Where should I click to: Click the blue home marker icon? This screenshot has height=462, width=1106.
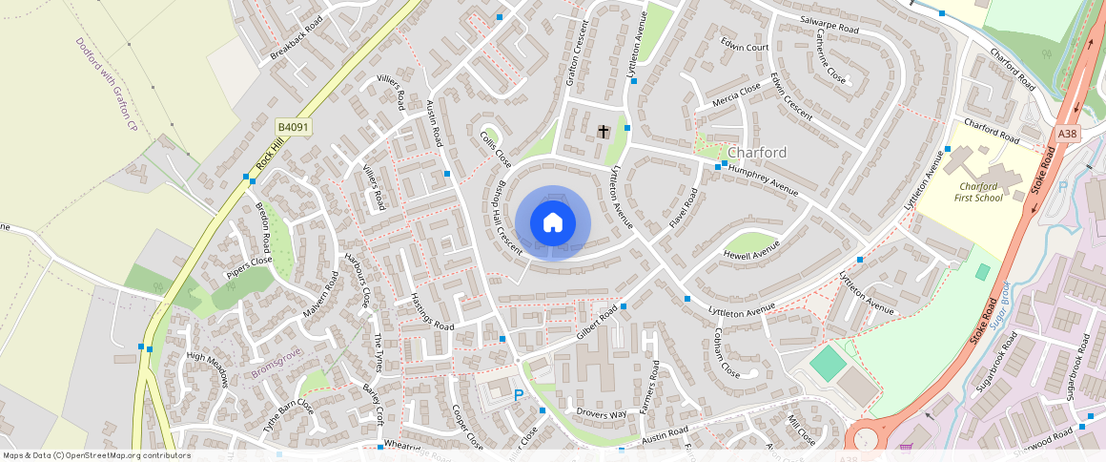[x=553, y=223]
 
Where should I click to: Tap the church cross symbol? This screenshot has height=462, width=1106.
[x=603, y=130]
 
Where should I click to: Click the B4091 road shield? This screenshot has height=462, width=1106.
[x=294, y=127]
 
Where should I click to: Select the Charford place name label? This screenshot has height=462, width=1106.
[x=757, y=153]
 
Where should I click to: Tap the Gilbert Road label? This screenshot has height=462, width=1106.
[x=598, y=325]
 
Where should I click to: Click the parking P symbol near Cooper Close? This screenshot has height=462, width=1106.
[x=519, y=394]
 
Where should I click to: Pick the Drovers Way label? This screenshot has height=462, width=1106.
[x=602, y=414]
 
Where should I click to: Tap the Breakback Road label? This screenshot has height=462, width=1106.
[x=297, y=37]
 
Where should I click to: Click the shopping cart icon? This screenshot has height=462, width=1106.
[x=906, y=448]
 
